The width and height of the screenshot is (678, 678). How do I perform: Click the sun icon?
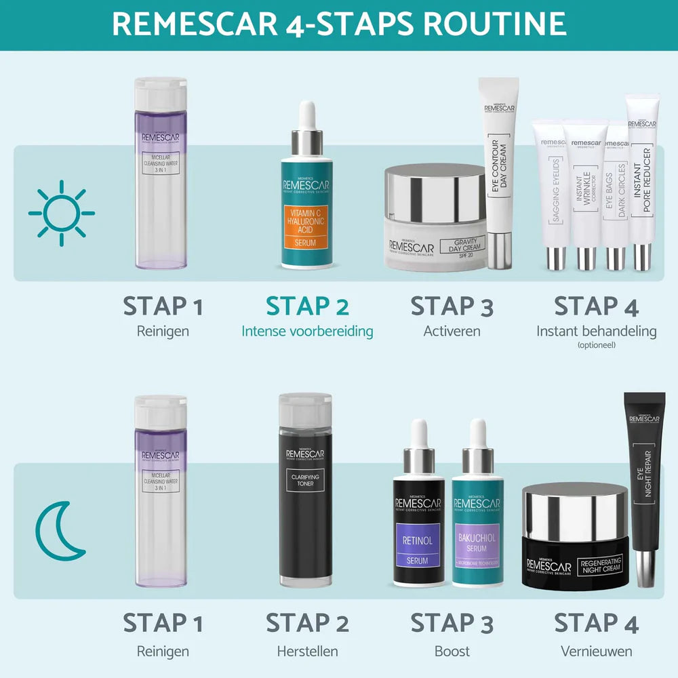point(61,213)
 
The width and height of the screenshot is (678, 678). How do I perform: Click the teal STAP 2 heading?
point(307,306)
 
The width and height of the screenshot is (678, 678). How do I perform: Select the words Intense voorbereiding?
point(307,332)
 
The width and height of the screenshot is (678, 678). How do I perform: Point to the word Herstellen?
point(307,652)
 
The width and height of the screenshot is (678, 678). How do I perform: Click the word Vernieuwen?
point(596,652)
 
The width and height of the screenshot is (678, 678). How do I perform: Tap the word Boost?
point(452,652)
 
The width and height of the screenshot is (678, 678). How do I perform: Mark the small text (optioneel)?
point(596,344)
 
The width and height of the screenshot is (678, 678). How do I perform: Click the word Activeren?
point(452,332)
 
